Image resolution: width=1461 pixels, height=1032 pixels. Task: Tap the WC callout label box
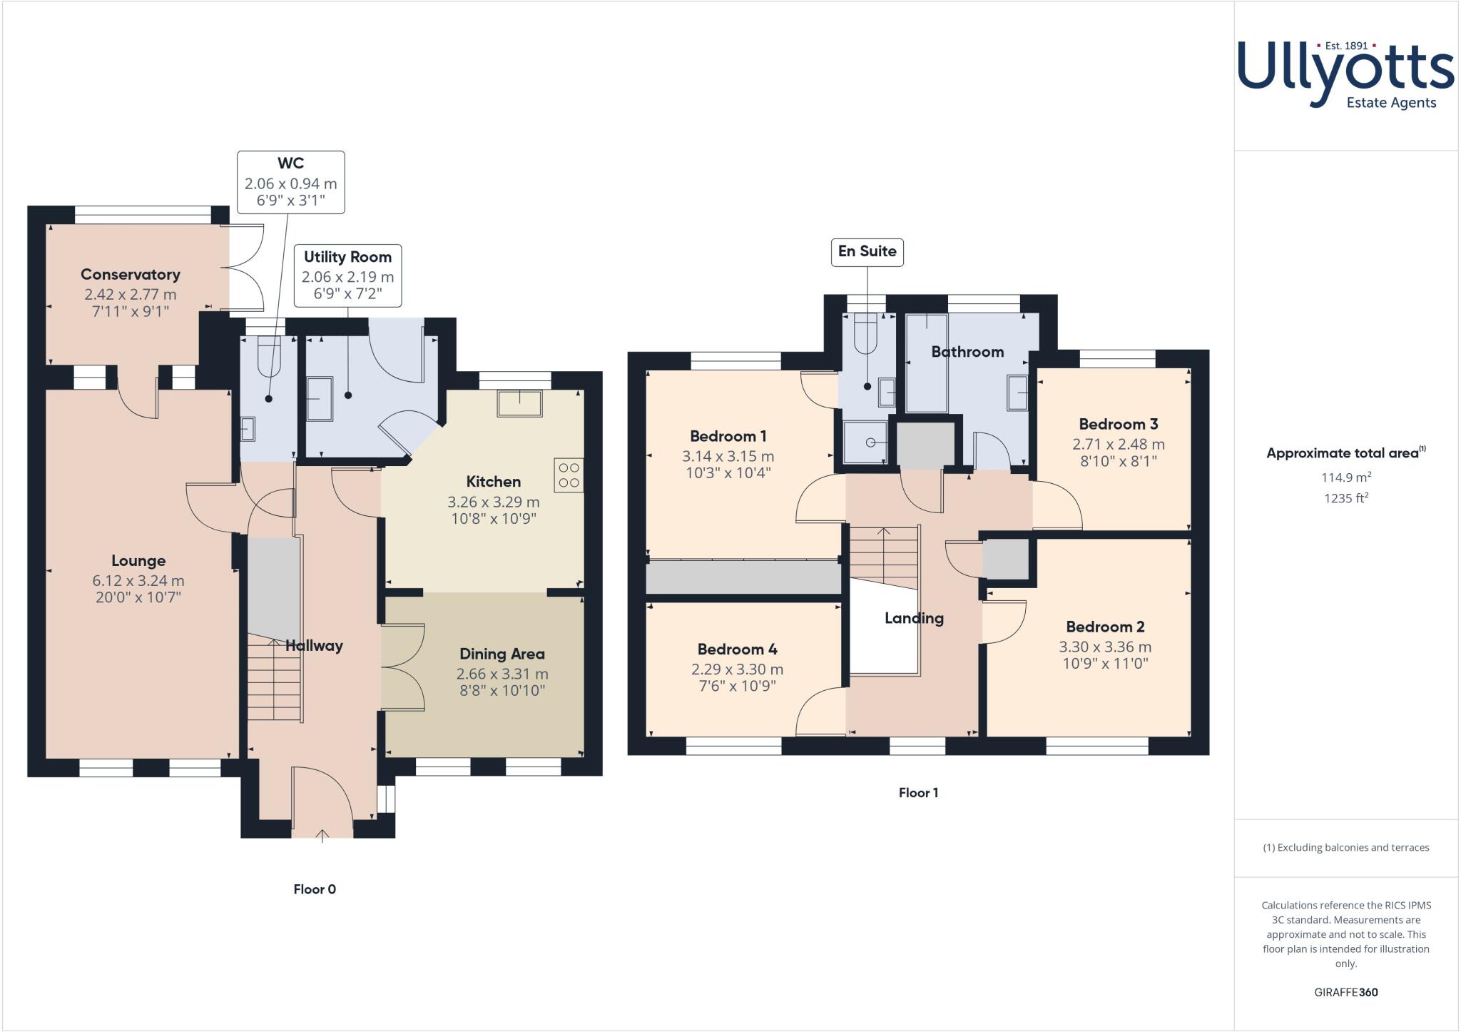coord(290,182)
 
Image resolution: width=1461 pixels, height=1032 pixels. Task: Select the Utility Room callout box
coord(347,275)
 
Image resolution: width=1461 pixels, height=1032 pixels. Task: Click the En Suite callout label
coord(867,252)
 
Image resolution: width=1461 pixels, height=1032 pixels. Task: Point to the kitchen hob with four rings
coord(569,475)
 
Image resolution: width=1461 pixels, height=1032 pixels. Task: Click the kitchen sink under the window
coord(519,403)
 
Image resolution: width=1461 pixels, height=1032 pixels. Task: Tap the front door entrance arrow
coord(322,835)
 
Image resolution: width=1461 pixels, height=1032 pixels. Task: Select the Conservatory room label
coord(130,275)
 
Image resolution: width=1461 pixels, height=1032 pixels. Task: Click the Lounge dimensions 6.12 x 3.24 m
coord(138,581)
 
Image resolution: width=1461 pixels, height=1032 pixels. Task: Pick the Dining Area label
coord(502,654)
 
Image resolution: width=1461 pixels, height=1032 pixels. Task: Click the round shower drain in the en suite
coord(870,443)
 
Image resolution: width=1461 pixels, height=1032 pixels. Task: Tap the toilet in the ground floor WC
coord(269,357)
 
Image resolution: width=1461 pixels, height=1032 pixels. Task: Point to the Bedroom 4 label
coord(737,649)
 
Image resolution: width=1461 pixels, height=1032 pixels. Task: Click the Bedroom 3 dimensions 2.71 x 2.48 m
coord(1118,444)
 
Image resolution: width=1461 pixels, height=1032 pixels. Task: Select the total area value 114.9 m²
coord(1345,477)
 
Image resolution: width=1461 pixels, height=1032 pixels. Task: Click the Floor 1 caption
coord(918,792)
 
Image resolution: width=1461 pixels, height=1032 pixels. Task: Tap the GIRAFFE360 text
coord(1345,992)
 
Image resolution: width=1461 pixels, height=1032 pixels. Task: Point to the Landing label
coord(914,618)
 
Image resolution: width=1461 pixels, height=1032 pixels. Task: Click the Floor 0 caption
coord(315,889)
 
